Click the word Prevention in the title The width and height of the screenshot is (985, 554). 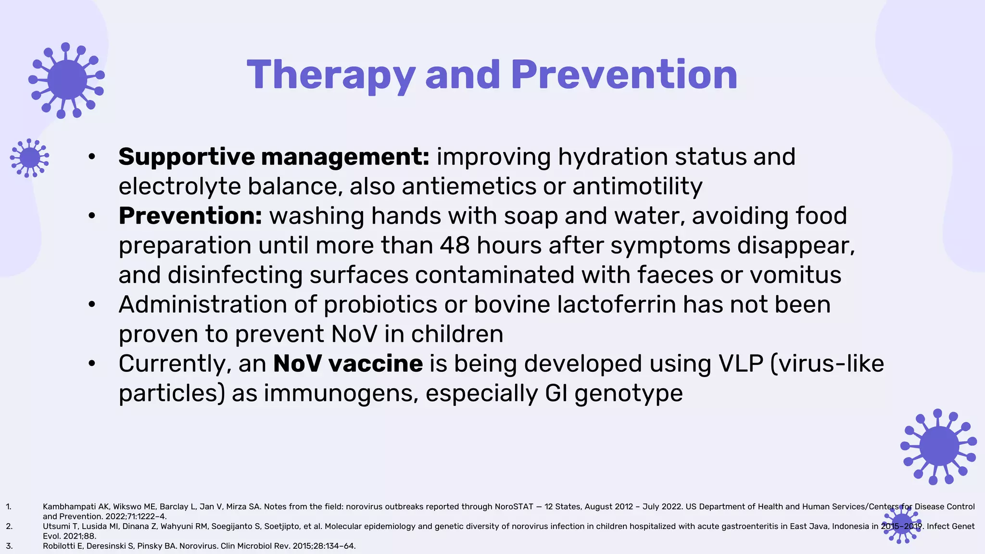pyautogui.click(x=624, y=75)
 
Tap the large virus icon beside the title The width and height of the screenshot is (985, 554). pyautogui.click(x=67, y=80)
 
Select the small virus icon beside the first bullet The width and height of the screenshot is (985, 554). pyautogui.click(x=29, y=158)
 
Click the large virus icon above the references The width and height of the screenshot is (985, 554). pyautogui.click(x=938, y=447)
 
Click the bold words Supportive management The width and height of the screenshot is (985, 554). pyautogui.click(x=273, y=157)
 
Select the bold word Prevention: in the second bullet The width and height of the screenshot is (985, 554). pyautogui.click(x=190, y=216)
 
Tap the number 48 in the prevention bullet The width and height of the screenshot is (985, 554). pyautogui.click(x=455, y=245)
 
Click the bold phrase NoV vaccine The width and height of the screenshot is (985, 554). pyautogui.click(x=348, y=364)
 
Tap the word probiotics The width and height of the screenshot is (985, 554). pyautogui.click(x=380, y=304)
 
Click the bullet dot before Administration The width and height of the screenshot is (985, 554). pyautogui.click(x=92, y=304)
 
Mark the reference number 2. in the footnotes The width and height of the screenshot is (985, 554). pyautogui.click(x=9, y=526)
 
